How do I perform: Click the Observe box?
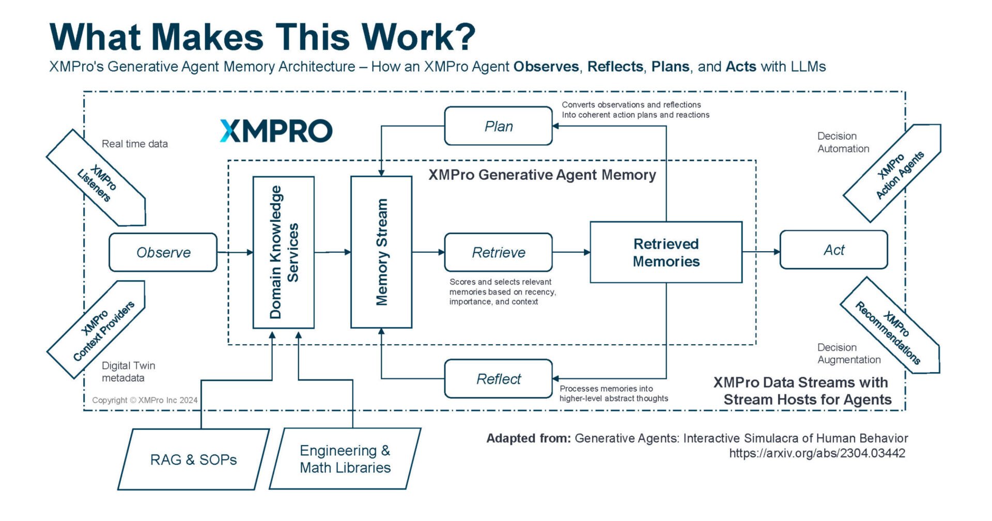(163, 252)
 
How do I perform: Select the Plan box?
(498, 126)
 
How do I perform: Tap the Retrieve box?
(498, 252)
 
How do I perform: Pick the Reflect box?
(498, 379)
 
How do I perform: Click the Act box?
(833, 250)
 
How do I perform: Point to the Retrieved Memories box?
(666, 252)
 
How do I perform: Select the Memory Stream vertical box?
(381, 252)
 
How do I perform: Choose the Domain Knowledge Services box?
(284, 252)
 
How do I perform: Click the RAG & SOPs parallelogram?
(193, 459)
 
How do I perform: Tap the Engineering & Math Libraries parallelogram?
(345, 459)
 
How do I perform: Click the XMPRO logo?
(276, 131)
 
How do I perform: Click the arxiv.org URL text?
(817, 453)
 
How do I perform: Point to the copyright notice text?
(145, 400)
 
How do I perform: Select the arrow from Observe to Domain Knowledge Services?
(235, 252)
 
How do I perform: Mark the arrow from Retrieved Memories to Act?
(761, 252)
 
